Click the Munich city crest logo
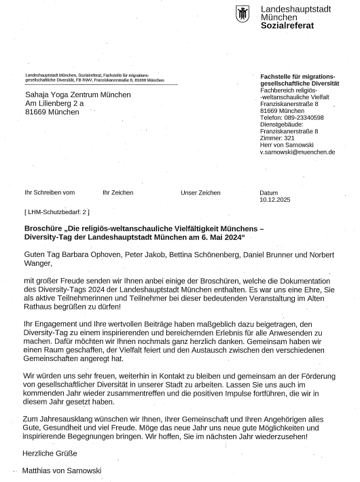[243, 14]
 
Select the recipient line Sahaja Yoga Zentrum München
[77, 94]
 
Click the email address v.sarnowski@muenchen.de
[298, 152]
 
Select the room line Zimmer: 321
[277, 138]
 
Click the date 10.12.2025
[274, 200]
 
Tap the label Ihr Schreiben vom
[50, 193]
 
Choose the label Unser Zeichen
[200, 193]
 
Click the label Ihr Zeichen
[118, 193]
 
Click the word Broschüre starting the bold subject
[46, 229]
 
